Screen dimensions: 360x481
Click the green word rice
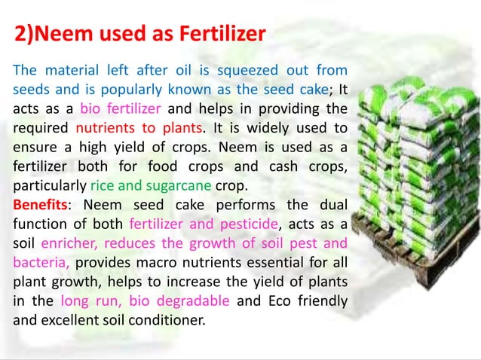point(102,185)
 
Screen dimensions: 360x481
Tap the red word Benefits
point(40,205)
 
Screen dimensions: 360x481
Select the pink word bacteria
point(41,262)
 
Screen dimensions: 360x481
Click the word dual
point(332,205)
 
